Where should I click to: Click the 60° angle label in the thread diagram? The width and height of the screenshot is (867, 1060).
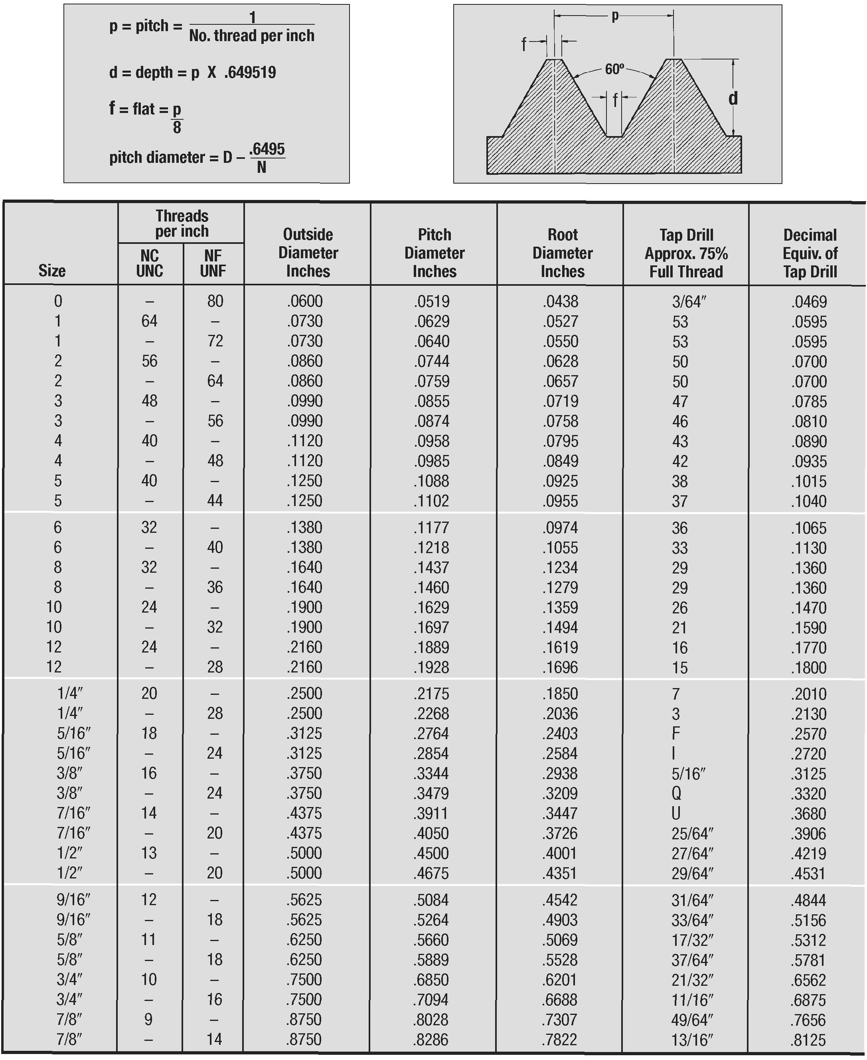[x=614, y=69]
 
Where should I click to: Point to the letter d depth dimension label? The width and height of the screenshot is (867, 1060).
[x=733, y=99]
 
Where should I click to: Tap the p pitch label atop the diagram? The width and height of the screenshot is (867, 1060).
[x=615, y=16]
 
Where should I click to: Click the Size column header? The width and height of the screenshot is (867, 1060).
[x=52, y=270]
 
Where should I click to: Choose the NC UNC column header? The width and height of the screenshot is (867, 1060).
[x=149, y=263]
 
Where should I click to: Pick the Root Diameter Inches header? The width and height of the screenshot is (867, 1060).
[x=562, y=253]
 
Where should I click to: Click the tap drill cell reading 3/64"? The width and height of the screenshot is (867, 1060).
[x=689, y=301]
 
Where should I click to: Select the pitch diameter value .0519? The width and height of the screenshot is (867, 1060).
[x=431, y=301]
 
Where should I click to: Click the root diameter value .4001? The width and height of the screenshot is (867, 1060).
[x=560, y=853]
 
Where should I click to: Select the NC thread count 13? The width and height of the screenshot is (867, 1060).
[x=149, y=853]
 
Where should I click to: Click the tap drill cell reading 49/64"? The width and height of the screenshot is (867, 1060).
[x=692, y=1020]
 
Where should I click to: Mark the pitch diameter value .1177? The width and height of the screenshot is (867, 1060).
[x=431, y=528]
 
